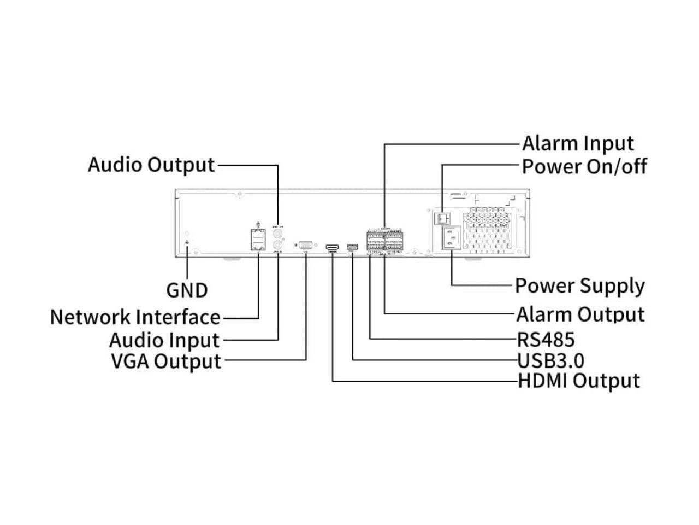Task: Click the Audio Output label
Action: [151, 165]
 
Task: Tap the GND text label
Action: [187, 290]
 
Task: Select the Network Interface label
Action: [135, 317]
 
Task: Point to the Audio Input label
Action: [164, 340]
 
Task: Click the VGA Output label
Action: [166, 361]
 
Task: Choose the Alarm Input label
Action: [578, 144]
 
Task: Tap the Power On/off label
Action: [584, 167]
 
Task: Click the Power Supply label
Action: [579, 286]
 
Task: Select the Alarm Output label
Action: [580, 314]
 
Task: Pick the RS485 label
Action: [546, 340]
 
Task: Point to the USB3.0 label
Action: [550, 360]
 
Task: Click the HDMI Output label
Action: [578, 381]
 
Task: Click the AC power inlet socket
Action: [451, 239]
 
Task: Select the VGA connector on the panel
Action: [305, 246]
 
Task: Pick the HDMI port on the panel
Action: [331, 248]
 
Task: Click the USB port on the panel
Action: [352, 248]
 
